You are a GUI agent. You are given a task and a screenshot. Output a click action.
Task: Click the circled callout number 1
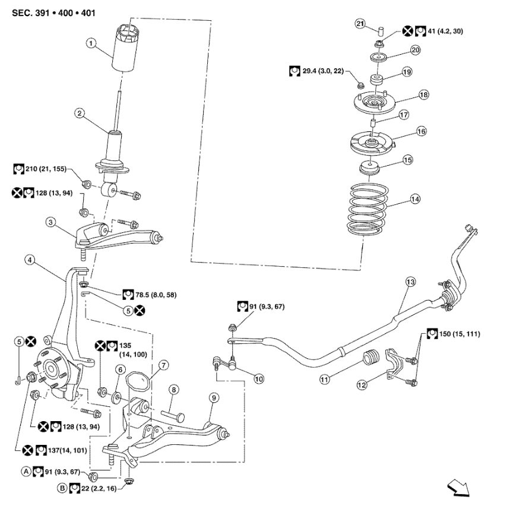pos(90,43)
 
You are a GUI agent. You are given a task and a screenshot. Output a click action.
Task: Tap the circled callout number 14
pos(415,200)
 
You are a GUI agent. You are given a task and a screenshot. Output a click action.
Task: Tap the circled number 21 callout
pos(360,23)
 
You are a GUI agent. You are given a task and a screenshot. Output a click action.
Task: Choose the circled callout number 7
pos(163,364)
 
